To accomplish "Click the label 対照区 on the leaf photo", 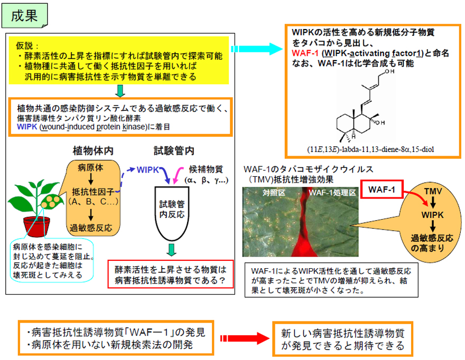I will point(274,193).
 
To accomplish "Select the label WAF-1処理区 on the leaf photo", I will point(330,193).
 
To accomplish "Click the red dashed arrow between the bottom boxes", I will point(243,338).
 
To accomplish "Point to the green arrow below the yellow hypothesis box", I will point(120,91).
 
